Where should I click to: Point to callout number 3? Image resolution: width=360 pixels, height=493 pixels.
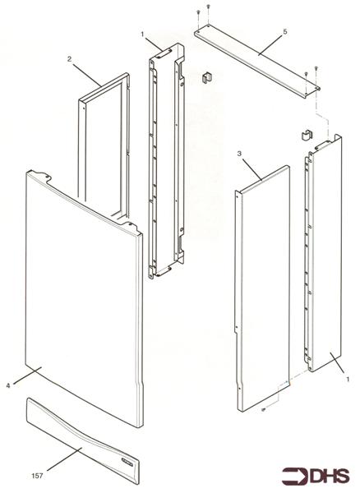click(x=238, y=154)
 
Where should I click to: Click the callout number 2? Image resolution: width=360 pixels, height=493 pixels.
click(x=70, y=59)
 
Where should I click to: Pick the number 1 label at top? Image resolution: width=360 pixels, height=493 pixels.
click(x=142, y=35)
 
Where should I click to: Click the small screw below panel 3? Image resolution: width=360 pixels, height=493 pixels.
click(x=261, y=410)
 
